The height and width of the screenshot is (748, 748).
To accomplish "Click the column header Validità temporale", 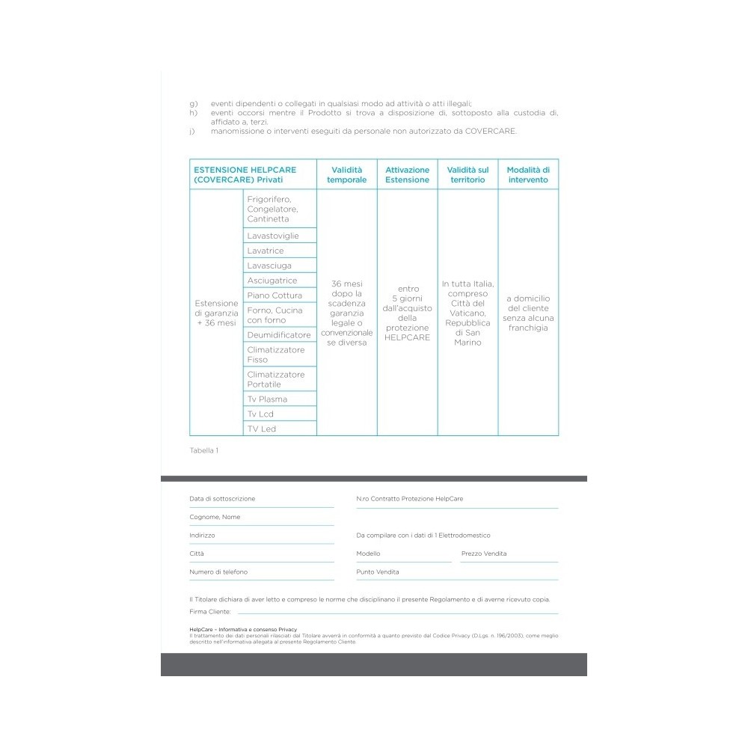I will coord(347,174).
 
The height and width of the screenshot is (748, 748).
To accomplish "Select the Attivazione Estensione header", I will coord(407,174).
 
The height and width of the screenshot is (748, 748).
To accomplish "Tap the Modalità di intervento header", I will coord(527,174).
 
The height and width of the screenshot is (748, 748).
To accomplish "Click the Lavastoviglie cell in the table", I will coord(273,236).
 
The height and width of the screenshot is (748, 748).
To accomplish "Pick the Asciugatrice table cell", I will coord(272,280).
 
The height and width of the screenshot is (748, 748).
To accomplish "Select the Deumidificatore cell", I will coord(278,335).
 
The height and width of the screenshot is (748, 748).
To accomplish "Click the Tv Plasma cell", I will coord(267,399).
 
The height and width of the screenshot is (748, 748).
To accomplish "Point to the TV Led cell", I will coord(262,429).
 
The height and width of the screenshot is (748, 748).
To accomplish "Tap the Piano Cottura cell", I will coord(275,295).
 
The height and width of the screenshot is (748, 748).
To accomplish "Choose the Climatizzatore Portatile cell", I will coord(276,379).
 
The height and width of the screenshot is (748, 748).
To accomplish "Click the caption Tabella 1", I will coord(204,450).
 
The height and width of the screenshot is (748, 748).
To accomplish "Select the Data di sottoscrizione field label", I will coord(222,498).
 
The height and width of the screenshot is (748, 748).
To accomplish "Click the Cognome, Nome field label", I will coord(215,517).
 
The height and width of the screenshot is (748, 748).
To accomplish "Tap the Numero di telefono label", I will coord(218,571).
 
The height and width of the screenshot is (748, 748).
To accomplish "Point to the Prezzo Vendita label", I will coord(484,554).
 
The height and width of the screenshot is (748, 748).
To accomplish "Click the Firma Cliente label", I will coord(210,611).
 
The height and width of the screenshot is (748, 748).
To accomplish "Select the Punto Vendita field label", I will coord(378,571).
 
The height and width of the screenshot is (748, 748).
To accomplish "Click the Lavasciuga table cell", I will coord(269,266).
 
